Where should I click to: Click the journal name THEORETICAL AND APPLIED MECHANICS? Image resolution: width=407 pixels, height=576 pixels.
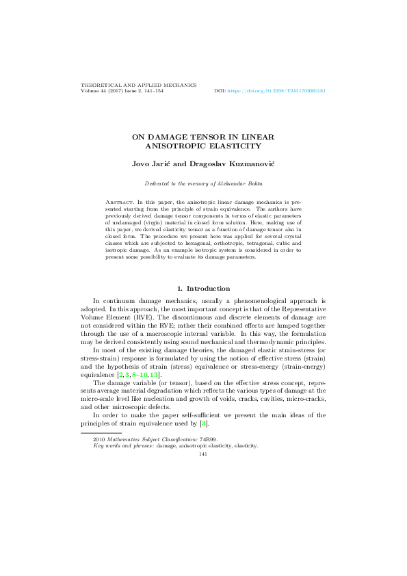pyautogui.click(x=138, y=85)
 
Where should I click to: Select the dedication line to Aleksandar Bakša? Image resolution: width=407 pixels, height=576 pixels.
pyautogui.click(x=203, y=183)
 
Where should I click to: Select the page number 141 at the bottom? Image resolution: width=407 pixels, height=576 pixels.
pyautogui.click(x=203, y=454)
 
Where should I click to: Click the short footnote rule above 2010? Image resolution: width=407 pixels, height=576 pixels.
pyautogui.click(x=101, y=432)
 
